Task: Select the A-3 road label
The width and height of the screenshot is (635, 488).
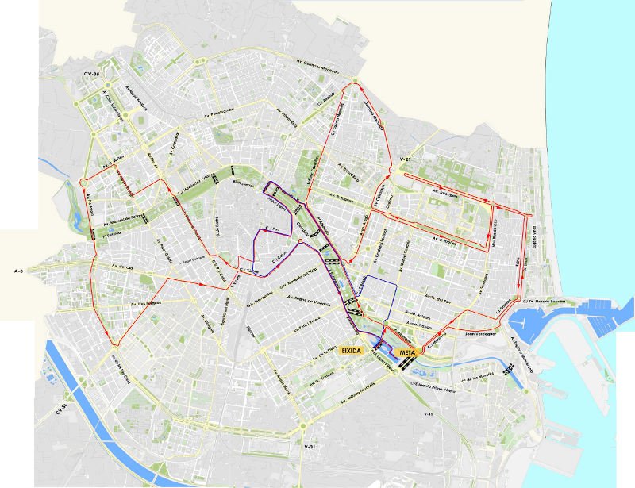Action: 19,271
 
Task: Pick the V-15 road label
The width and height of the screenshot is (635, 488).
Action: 429,414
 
